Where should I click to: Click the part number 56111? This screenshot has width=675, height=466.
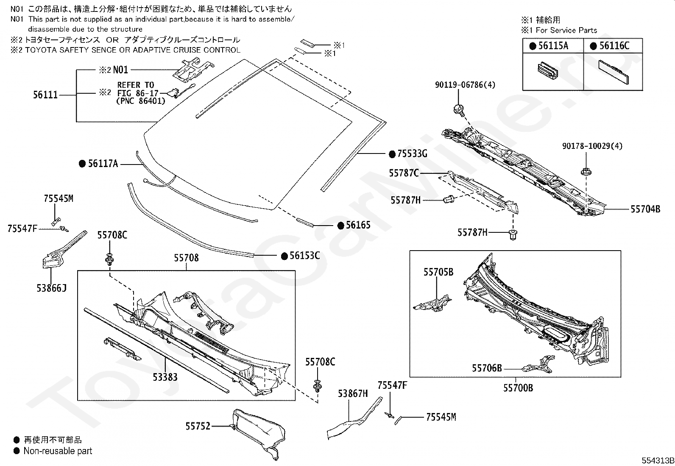click(45, 95)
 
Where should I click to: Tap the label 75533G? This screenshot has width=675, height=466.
click(412, 154)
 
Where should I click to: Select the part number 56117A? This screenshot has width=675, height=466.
click(103, 164)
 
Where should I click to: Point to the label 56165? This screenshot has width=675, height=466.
click(358, 225)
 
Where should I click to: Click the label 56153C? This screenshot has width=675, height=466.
click(305, 256)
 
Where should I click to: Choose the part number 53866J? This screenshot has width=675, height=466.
click(52, 288)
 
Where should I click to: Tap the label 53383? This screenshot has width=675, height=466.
click(165, 377)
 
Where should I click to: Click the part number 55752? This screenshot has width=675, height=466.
click(198, 426)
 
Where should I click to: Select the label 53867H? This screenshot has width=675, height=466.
click(353, 393)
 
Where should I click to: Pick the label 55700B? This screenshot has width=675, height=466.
click(518, 388)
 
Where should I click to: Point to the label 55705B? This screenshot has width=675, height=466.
click(438, 272)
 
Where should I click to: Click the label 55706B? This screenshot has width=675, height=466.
click(487, 368)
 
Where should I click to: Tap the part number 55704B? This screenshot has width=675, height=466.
click(645, 209)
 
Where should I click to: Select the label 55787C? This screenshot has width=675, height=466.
click(404, 173)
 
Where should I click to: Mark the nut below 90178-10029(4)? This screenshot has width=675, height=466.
click(586, 172)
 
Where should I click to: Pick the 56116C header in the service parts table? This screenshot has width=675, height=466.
click(614, 46)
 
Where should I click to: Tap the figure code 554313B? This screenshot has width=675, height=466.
click(658, 460)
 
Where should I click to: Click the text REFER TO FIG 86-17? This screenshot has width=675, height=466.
click(137, 89)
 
